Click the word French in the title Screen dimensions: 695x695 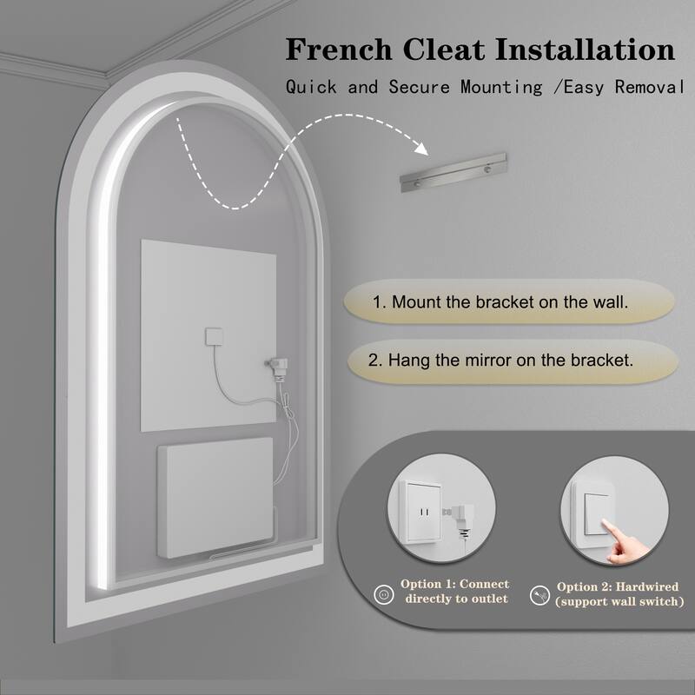[339, 50]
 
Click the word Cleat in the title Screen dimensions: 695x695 [444, 50]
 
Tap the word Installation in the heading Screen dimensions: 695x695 [585, 50]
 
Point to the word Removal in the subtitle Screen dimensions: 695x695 [650, 87]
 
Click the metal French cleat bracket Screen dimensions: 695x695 [453, 172]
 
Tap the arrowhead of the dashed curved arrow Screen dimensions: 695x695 [421, 149]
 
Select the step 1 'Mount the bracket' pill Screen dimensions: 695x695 [509, 301]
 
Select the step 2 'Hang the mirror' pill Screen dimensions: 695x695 [513, 361]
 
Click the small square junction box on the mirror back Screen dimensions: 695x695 [214, 336]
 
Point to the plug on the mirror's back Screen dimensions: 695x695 [278, 367]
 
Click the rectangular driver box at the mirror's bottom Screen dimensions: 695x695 [215, 497]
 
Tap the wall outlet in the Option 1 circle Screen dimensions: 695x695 [420, 511]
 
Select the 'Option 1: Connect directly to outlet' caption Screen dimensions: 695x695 [455, 592]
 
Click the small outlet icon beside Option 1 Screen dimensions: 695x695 [384, 594]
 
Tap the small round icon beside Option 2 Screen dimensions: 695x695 [539, 595]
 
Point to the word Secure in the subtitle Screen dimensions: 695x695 [419, 87]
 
